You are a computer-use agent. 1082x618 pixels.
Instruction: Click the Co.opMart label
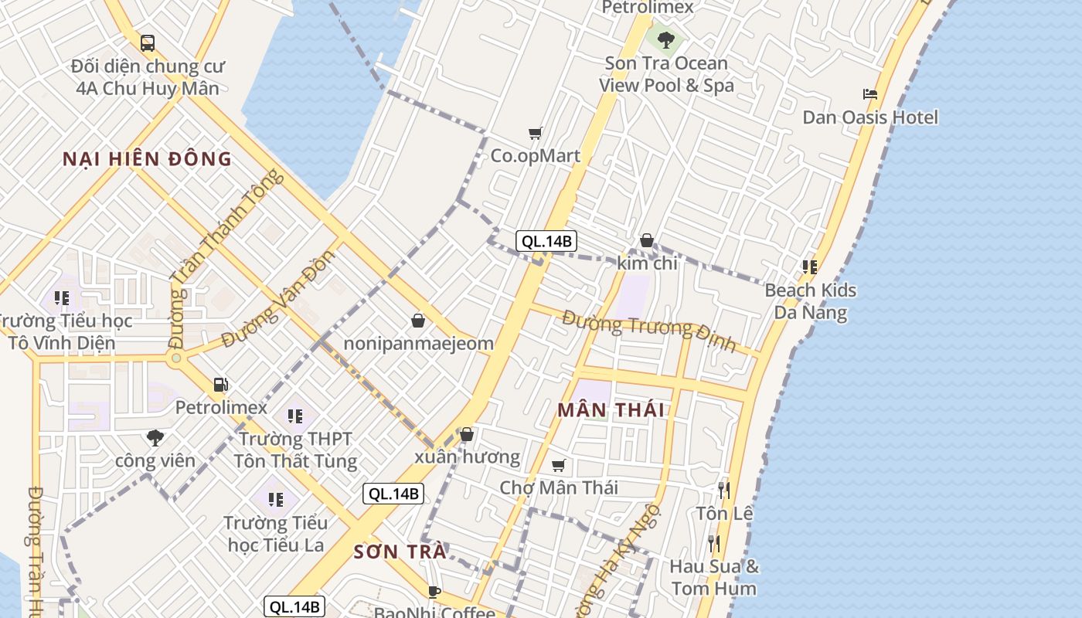click(x=535, y=156)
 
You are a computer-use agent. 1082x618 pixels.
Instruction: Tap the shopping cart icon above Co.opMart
click(x=536, y=133)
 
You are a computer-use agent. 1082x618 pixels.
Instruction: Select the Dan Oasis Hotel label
click(x=870, y=117)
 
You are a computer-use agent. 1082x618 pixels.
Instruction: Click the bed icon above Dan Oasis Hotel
click(x=870, y=94)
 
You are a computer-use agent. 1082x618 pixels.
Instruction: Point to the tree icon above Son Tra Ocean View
click(x=665, y=39)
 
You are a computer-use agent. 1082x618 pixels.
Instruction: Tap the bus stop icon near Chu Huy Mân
click(x=147, y=43)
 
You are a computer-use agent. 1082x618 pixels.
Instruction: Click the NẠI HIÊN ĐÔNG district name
click(x=147, y=159)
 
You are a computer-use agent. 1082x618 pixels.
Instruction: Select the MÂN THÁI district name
click(x=611, y=410)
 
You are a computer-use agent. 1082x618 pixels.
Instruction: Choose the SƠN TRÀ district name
click(x=400, y=552)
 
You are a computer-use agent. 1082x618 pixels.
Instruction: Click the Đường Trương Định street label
click(x=649, y=330)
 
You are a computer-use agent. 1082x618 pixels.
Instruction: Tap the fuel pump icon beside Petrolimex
click(x=220, y=384)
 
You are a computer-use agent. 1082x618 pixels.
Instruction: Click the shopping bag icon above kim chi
click(x=647, y=241)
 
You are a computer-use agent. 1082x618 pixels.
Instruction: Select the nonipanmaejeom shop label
click(x=418, y=343)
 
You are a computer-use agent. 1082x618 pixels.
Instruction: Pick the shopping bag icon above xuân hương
click(x=466, y=435)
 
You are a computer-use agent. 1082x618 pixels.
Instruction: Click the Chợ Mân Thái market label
click(x=559, y=487)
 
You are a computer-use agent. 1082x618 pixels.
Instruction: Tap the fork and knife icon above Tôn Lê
click(x=723, y=490)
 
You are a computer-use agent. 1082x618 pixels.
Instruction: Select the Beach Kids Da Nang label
click(x=810, y=301)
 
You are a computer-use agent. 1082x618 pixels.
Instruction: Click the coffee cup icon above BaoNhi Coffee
click(x=434, y=592)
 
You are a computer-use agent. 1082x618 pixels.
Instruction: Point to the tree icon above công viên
click(x=155, y=438)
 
